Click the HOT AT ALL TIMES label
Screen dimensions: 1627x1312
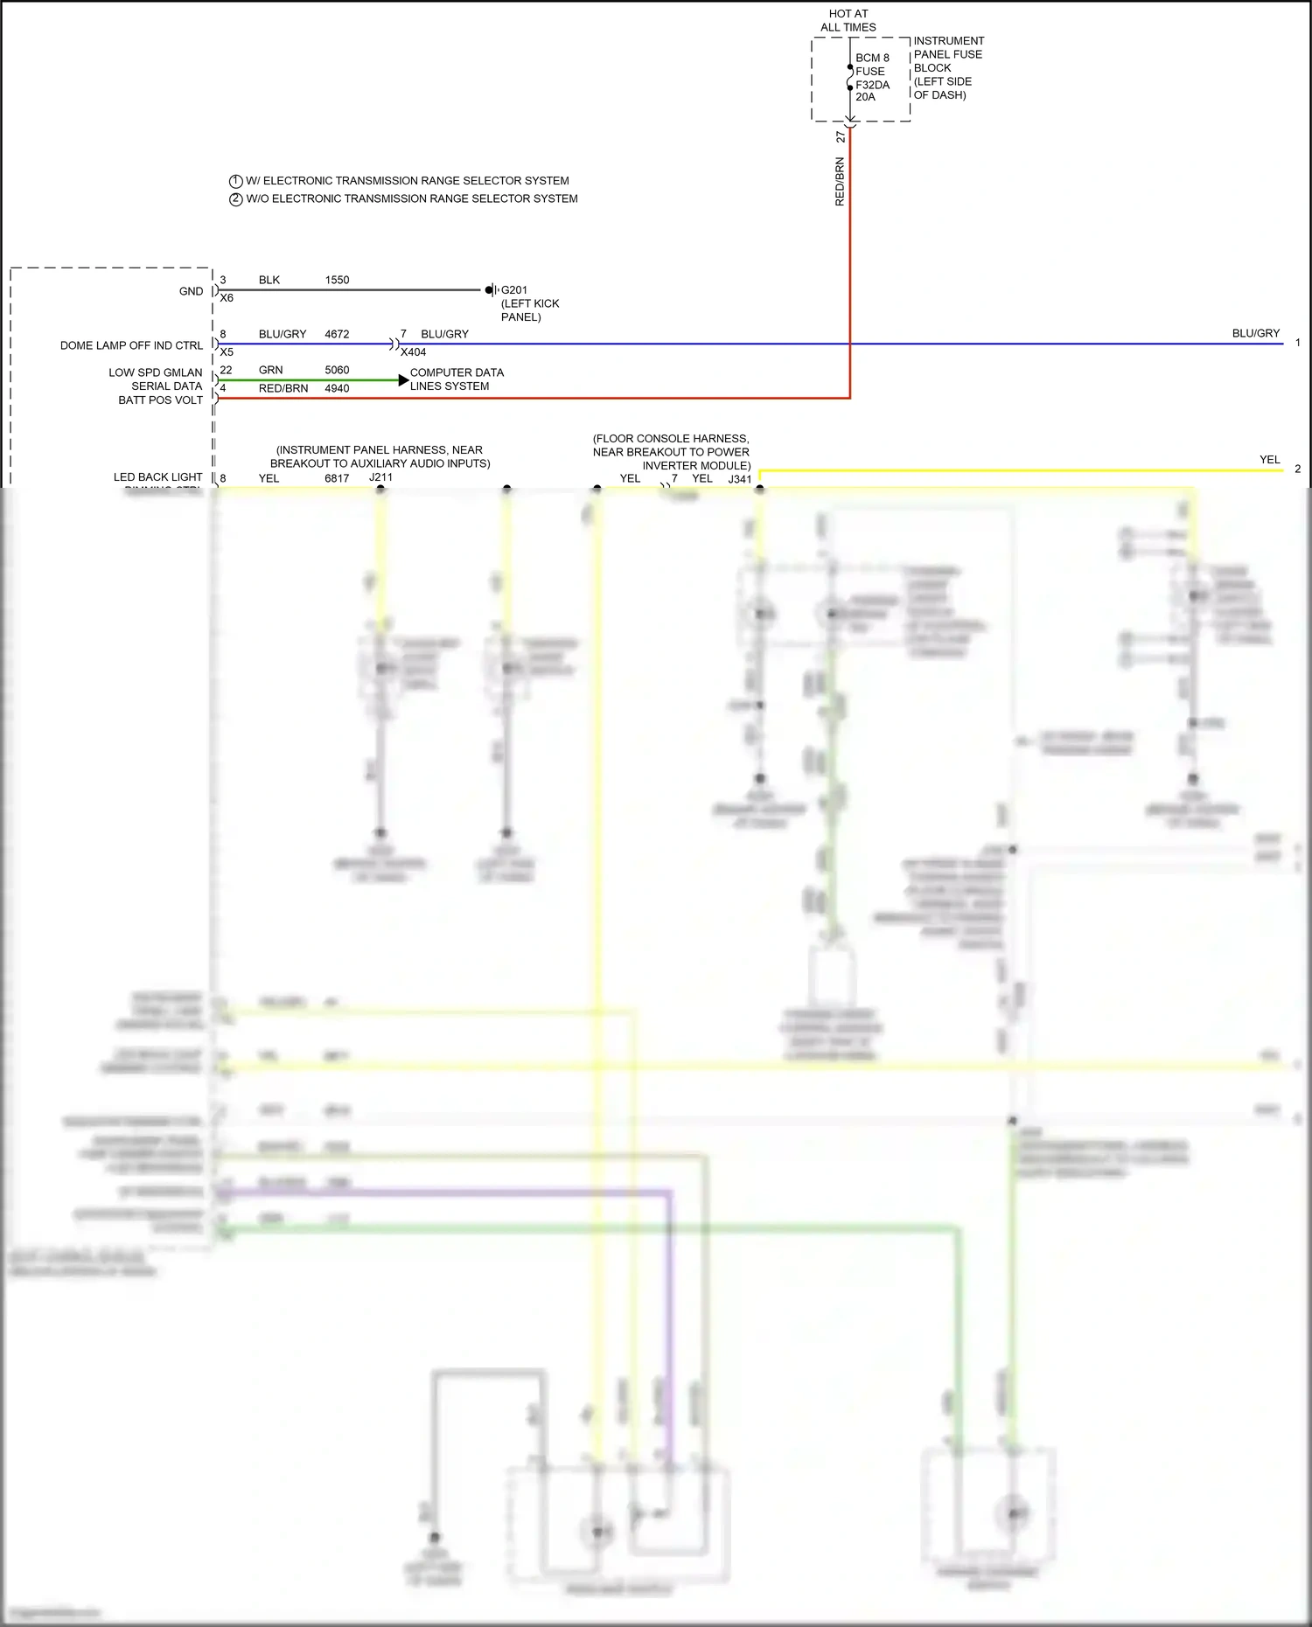[848, 20]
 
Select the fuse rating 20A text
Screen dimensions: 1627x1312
[865, 97]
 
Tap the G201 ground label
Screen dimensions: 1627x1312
[514, 290]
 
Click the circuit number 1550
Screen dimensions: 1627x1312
[337, 281]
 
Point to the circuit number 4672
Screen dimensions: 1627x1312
[337, 334]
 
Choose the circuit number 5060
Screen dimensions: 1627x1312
[337, 370]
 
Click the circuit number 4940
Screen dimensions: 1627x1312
[337, 389]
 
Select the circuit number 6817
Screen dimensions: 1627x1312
[337, 478]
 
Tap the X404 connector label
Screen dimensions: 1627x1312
[413, 352]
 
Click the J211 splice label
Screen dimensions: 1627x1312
[380, 477]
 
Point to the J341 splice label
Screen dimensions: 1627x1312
[740, 479]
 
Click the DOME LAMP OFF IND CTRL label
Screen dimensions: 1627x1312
[131, 345]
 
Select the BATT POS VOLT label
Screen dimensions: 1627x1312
[161, 400]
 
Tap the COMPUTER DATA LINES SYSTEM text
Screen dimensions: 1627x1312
[457, 379]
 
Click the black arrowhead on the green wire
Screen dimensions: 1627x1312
[403, 380]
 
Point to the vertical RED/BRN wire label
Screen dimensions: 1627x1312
[840, 182]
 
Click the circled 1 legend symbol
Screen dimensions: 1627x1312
[235, 181]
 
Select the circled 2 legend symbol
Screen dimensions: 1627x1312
[235, 199]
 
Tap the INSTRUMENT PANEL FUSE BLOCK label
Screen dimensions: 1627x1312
[948, 67]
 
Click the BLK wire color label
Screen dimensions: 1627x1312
[269, 281]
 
